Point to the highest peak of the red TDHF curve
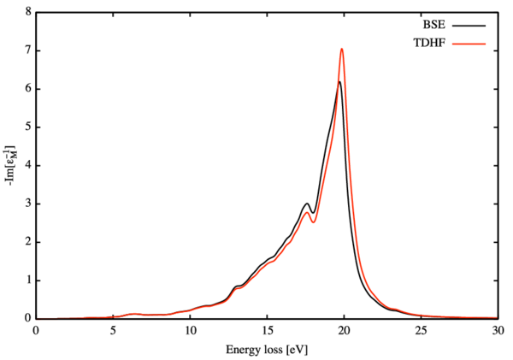click(342, 49)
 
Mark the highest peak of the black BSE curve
click(339, 82)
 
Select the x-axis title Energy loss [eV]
click(267, 349)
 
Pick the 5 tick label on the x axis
click(113, 330)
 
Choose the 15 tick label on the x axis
click(267, 330)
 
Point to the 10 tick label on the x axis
click(190, 330)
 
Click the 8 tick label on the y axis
click(27, 13)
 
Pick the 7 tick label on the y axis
click(27, 51)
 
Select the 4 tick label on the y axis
click(27, 166)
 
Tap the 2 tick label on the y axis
click(27, 242)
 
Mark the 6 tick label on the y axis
click(27, 89)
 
